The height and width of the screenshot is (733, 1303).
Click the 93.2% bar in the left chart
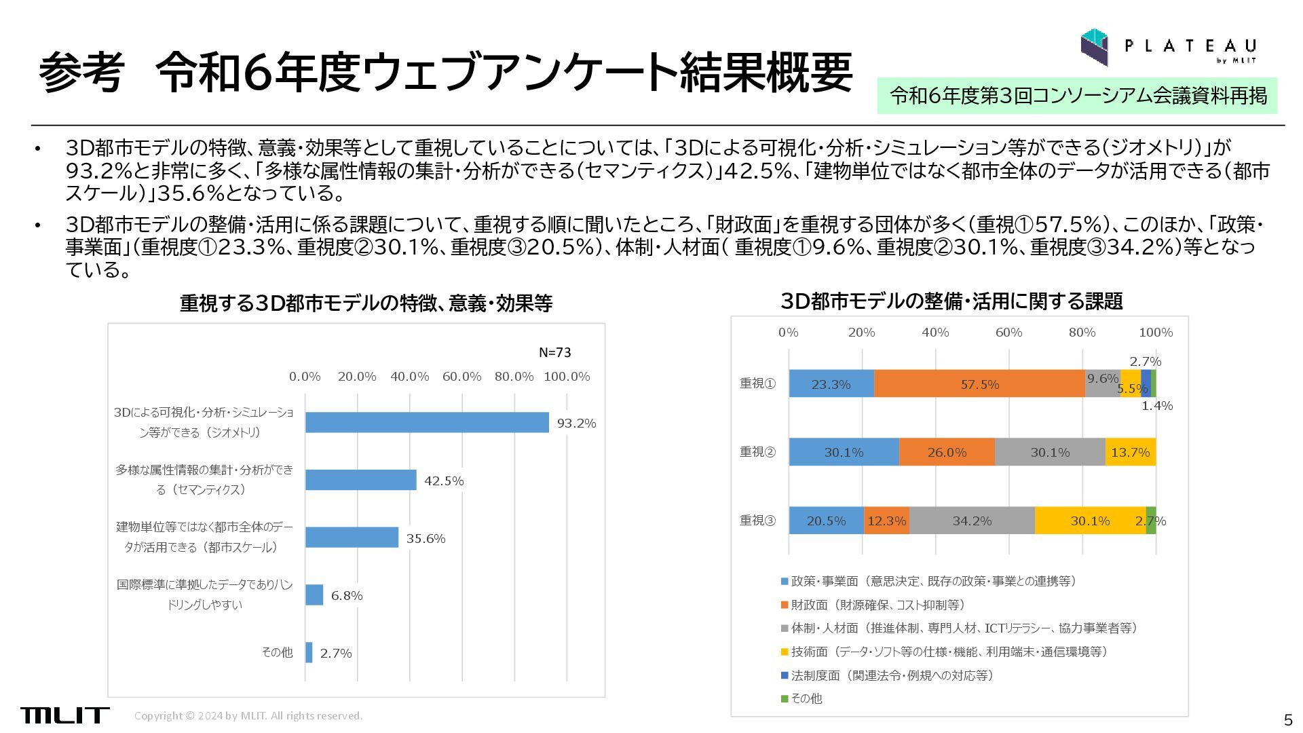tap(427, 422)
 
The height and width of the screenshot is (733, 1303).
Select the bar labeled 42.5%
tap(360, 480)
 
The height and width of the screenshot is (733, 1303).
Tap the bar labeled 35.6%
tap(352, 538)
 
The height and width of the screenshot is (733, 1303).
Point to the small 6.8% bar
tap(314, 595)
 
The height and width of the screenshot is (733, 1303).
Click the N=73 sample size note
tap(554, 352)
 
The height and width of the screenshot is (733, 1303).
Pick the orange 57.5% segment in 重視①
tap(979, 384)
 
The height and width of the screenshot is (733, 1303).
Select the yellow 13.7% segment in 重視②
tap(1130, 452)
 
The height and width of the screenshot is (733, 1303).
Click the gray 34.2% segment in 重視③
tap(972, 521)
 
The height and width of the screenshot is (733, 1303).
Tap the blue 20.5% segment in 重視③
tap(826, 521)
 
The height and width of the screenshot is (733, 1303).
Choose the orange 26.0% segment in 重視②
tap(947, 452)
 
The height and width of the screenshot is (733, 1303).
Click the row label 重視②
tap(757, 452)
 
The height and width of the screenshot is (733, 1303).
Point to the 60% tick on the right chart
tap(1008, 333)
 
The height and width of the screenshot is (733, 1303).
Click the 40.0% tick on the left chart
tap(409, 377)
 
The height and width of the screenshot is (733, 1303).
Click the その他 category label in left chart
tap(277, 652)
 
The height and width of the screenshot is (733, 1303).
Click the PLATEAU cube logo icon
tap(1094, 47)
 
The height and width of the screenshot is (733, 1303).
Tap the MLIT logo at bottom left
tap(64, 715)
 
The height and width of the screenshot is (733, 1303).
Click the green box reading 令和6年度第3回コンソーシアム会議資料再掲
tap(1078, 96)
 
